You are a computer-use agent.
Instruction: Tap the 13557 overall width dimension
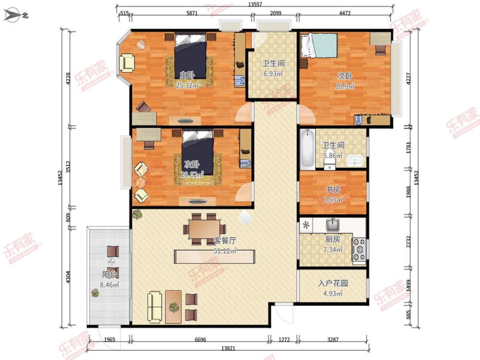tap(255, 4)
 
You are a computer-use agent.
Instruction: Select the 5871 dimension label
tap(192, 13)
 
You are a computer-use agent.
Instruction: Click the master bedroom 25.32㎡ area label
tap(187, 86)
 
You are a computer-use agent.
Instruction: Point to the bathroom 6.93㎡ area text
tap(273, 74)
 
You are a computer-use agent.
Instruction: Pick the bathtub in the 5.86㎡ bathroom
tap(308, 149)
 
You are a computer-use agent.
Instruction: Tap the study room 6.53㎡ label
tap(333, 200)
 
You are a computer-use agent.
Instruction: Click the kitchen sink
tap(333, 225)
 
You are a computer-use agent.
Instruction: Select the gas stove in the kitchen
tap(359, 249)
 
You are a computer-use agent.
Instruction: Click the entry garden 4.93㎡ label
tap(333, 293)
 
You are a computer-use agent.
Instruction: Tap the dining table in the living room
tap(204, 229)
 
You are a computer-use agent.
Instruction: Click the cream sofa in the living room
tap(155, 307)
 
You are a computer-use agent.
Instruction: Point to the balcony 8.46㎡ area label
tap(109, 285)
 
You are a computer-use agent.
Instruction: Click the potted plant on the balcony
tap(95, 292)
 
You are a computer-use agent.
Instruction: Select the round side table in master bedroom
tap(141, 45)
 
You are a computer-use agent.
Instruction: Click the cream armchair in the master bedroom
tap(127, 63)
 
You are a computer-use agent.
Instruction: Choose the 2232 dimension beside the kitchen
tap(408, 242)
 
